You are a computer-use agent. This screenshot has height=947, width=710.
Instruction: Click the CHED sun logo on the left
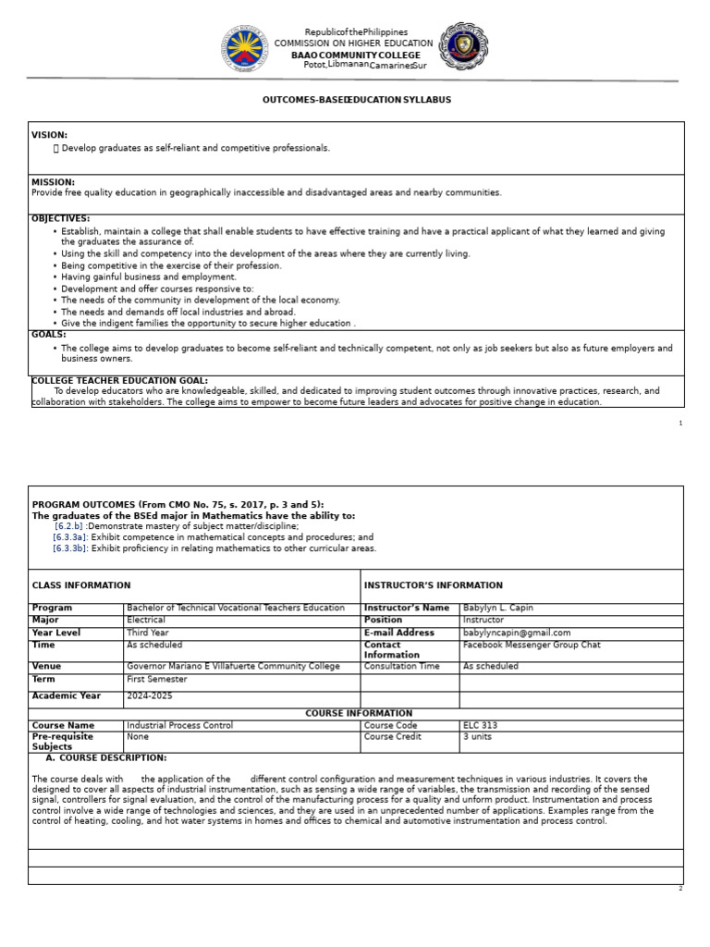[245, 49]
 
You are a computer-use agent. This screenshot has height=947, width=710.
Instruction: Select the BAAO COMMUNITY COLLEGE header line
[355, 55]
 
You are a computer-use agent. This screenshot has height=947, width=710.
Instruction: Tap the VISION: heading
[49, 135]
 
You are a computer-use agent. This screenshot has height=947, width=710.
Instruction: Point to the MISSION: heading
[53, 182]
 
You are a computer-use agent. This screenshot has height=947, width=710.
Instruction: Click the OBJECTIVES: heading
[60, 218]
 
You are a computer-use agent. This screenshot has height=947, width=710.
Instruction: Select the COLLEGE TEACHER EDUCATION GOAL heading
[119, 380]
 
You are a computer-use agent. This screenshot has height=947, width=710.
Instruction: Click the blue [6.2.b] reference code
[68, 525]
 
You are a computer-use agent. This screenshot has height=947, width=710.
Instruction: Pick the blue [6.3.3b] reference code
[70, 547]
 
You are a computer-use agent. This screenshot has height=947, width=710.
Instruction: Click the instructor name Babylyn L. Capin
[497, 608]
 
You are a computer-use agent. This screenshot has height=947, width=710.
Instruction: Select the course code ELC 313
[479, 726]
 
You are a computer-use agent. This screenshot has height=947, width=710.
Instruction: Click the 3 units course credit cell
[478, 737]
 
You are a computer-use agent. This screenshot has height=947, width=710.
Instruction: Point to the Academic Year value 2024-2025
[149, 695]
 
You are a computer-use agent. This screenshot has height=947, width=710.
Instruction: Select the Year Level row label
[56, 633]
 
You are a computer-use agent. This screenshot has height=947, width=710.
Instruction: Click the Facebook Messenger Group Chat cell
[529, 645]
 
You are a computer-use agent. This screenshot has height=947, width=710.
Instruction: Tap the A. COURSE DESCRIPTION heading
[102, 757]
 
